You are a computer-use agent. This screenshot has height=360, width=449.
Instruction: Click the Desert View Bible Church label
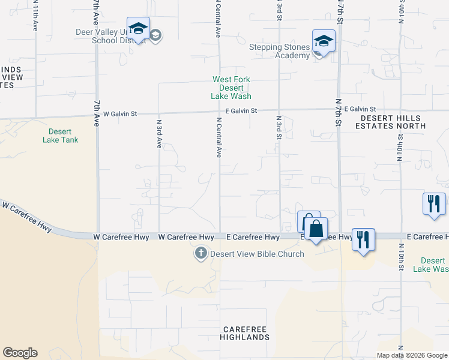(257, 254)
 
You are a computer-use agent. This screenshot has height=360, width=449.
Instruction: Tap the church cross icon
(201, 254)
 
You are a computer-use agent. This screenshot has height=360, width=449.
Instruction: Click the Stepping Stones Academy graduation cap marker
(324, 41)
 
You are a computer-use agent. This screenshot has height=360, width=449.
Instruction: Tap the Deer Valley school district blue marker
(138, 29)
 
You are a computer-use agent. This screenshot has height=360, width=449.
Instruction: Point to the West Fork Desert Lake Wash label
(231, 88)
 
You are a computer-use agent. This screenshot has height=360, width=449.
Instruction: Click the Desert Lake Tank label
(61, 136)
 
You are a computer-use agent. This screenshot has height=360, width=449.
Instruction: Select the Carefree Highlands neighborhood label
(246, 334)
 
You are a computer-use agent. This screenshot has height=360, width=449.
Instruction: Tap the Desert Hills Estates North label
(390, 122)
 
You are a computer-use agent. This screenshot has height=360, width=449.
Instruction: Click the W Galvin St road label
(120, 113)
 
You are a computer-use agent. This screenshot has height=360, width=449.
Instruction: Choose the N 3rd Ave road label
(159, 134)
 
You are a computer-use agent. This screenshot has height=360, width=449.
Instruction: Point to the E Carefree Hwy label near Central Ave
(253, 238)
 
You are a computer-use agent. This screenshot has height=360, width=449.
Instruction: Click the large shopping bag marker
(316, 229)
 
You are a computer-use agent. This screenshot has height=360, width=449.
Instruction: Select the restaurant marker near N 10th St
(434, 203)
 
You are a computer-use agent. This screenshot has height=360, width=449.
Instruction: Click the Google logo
(20, 353)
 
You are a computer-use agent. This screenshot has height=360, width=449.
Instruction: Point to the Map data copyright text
(412, 355)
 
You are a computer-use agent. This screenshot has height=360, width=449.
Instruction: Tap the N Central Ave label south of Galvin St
(219, 137)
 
